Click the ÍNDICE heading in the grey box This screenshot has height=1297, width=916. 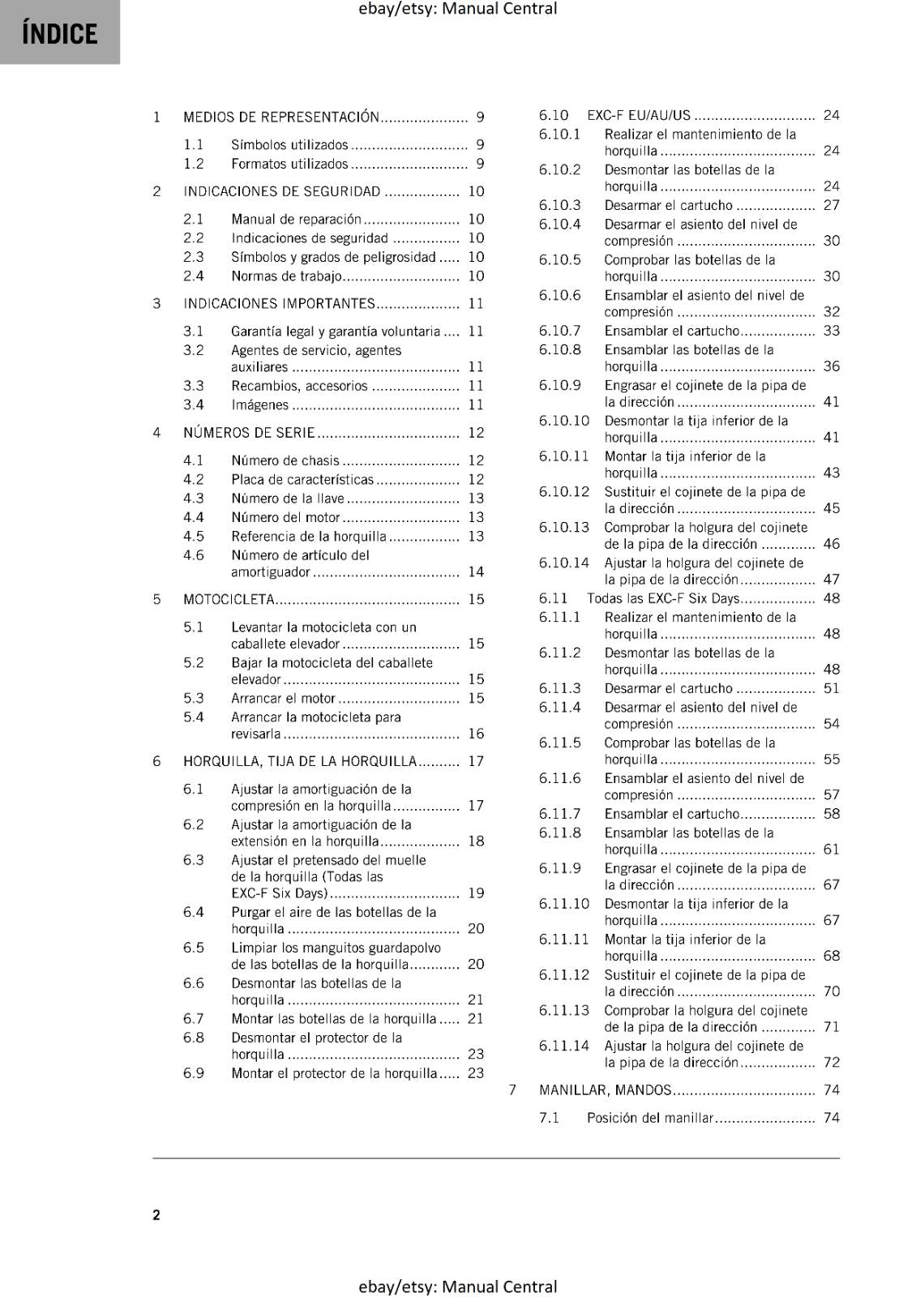coord(60,34)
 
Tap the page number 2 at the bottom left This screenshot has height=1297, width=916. coord(156,1214)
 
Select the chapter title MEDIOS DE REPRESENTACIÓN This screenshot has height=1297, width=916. coord(281,117)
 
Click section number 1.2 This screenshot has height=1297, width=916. coord(193,164)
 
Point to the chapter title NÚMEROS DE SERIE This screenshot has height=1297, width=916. coord(249,433)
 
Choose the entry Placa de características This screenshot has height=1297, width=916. coord(302,479)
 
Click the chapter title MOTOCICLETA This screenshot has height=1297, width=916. coord(229,600)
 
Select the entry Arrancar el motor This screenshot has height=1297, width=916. coord(283,698)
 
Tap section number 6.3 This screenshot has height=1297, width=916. coord(193,860)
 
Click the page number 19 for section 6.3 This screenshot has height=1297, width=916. coord(476,893)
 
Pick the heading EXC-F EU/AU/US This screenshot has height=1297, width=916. coord(639,115)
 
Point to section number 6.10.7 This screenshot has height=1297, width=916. coord(559,331)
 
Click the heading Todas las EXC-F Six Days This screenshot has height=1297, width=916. coord(664,598)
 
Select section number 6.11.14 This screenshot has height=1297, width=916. coord(563,1046)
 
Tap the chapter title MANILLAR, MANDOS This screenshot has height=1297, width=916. coord(606,1090)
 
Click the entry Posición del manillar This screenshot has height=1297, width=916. coord(650,1118)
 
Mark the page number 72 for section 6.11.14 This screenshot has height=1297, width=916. coord(831,1063)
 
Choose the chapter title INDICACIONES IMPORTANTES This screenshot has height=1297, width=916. coord(280,304)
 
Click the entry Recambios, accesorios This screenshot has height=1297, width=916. coord(299,386)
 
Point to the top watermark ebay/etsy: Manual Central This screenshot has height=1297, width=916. coord(458,9)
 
